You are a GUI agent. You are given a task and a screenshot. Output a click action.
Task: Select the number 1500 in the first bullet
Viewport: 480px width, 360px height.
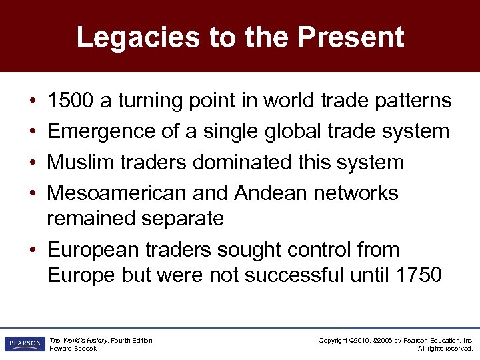71,101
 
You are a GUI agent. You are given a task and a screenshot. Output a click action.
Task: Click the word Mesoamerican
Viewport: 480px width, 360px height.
117,193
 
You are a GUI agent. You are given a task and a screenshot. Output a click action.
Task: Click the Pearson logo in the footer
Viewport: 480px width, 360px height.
23,344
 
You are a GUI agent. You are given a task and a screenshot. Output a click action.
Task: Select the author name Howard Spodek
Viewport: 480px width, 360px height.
73,349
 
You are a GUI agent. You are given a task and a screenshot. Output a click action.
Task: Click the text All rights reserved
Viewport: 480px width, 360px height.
445,349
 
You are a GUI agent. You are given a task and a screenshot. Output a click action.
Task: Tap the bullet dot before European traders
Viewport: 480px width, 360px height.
32,251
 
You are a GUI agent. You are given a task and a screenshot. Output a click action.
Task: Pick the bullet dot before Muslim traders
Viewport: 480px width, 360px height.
32,163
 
